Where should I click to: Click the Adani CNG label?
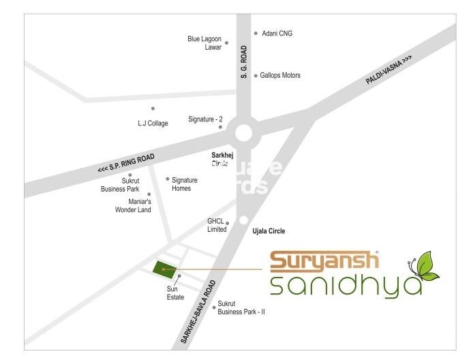(277, 33)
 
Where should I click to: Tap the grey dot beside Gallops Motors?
(256, 75)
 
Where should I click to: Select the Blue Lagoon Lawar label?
(204, 43)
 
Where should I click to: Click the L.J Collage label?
(153, 124)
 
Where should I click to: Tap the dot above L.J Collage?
(153, 108)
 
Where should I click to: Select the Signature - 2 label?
(205, 119)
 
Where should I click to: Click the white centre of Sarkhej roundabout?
(243, 132)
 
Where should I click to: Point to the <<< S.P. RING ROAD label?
(127, 164)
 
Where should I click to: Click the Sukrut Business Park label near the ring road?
(125, 186)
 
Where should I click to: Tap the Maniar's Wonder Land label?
(134, 207)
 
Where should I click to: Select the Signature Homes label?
(185, 184)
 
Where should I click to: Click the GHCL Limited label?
(216, 226)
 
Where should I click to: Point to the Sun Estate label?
(177, 293)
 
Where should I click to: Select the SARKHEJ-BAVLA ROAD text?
(199, 311)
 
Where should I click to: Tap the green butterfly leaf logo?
(424, 267)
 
